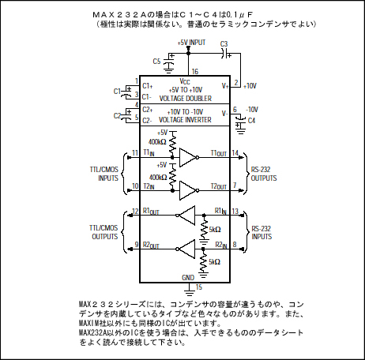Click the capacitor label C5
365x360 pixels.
click(156, 62)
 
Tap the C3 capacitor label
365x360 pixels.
click(224, 44)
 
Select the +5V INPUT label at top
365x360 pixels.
click(191, 43)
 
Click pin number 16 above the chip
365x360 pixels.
click(195, 71)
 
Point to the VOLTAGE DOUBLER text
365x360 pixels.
click(186, 99)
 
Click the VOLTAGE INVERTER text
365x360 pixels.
click(185, 120)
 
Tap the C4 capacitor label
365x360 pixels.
click(251, 121)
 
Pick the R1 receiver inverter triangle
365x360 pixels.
click(186, 216)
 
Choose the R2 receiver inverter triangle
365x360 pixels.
click(186, 249)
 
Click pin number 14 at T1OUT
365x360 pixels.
click(235, 153)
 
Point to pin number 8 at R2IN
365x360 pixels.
click(235, 245)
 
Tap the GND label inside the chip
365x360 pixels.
click(188, 278)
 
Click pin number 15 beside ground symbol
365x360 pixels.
click(199, 287)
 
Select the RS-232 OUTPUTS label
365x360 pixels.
click(264, 174)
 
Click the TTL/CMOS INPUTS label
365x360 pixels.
click(104, 174)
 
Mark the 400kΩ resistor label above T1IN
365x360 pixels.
click(157, 142)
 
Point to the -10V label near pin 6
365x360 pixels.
click(252, 110)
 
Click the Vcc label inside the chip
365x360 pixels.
click(185, 81)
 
